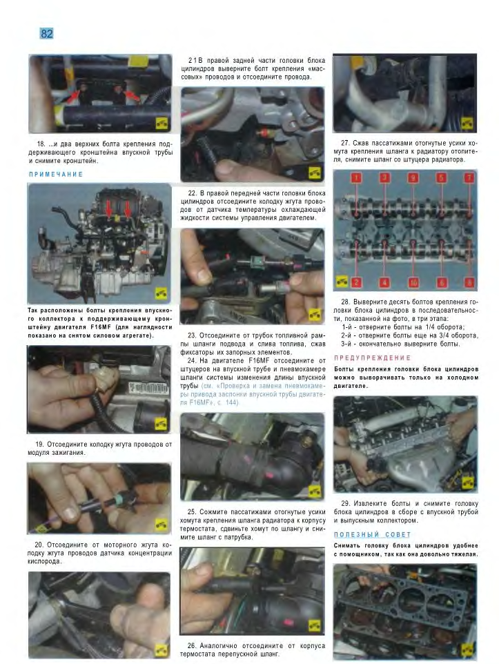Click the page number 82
[x=47, y=33]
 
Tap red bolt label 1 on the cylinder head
[x=356, y=178]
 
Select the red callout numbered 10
[x=413, y=282]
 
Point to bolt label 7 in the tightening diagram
[x=469, y=178]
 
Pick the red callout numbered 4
[x=384, y=282]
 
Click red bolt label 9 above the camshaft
[x=413, y=178]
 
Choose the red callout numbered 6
[x=442, y=282]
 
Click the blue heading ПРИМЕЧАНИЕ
[x=56, y=174]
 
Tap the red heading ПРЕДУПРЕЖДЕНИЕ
[x=372, y=358]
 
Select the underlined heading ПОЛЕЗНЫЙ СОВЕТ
[x=372, y=535]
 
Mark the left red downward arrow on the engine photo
[x=109, y=208]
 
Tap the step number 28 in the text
[x=346, y=302]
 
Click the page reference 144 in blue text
[x=231, y=402]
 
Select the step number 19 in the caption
[x=40, y=445]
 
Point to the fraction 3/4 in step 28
[x=431, y=335]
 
